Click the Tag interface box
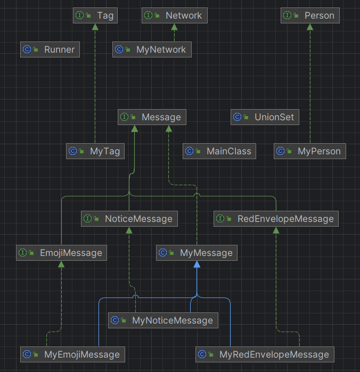tap(95, 15)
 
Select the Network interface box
tap(175, 15)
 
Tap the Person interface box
tap(310, 15)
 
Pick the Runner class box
tap(50, 49)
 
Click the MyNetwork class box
tap(152, 49)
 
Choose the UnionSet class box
tap(265, 117)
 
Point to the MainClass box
tap(219, 151)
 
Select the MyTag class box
tap(95, 151)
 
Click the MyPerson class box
tap(310, 151)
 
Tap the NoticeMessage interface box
tap(129, 219)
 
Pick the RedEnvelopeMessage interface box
tap(276, 219)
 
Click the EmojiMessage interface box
tap(61, 253)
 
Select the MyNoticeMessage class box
tap(163, 320)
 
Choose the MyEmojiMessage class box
tap(72, 354)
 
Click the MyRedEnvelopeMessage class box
tap(265, 354)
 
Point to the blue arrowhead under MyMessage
tap(197, 264)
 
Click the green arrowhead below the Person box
tap(310, 27)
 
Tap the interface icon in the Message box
tap(124, 117)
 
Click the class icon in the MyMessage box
tap(162, 253)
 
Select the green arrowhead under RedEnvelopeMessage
tap(276, 230)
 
